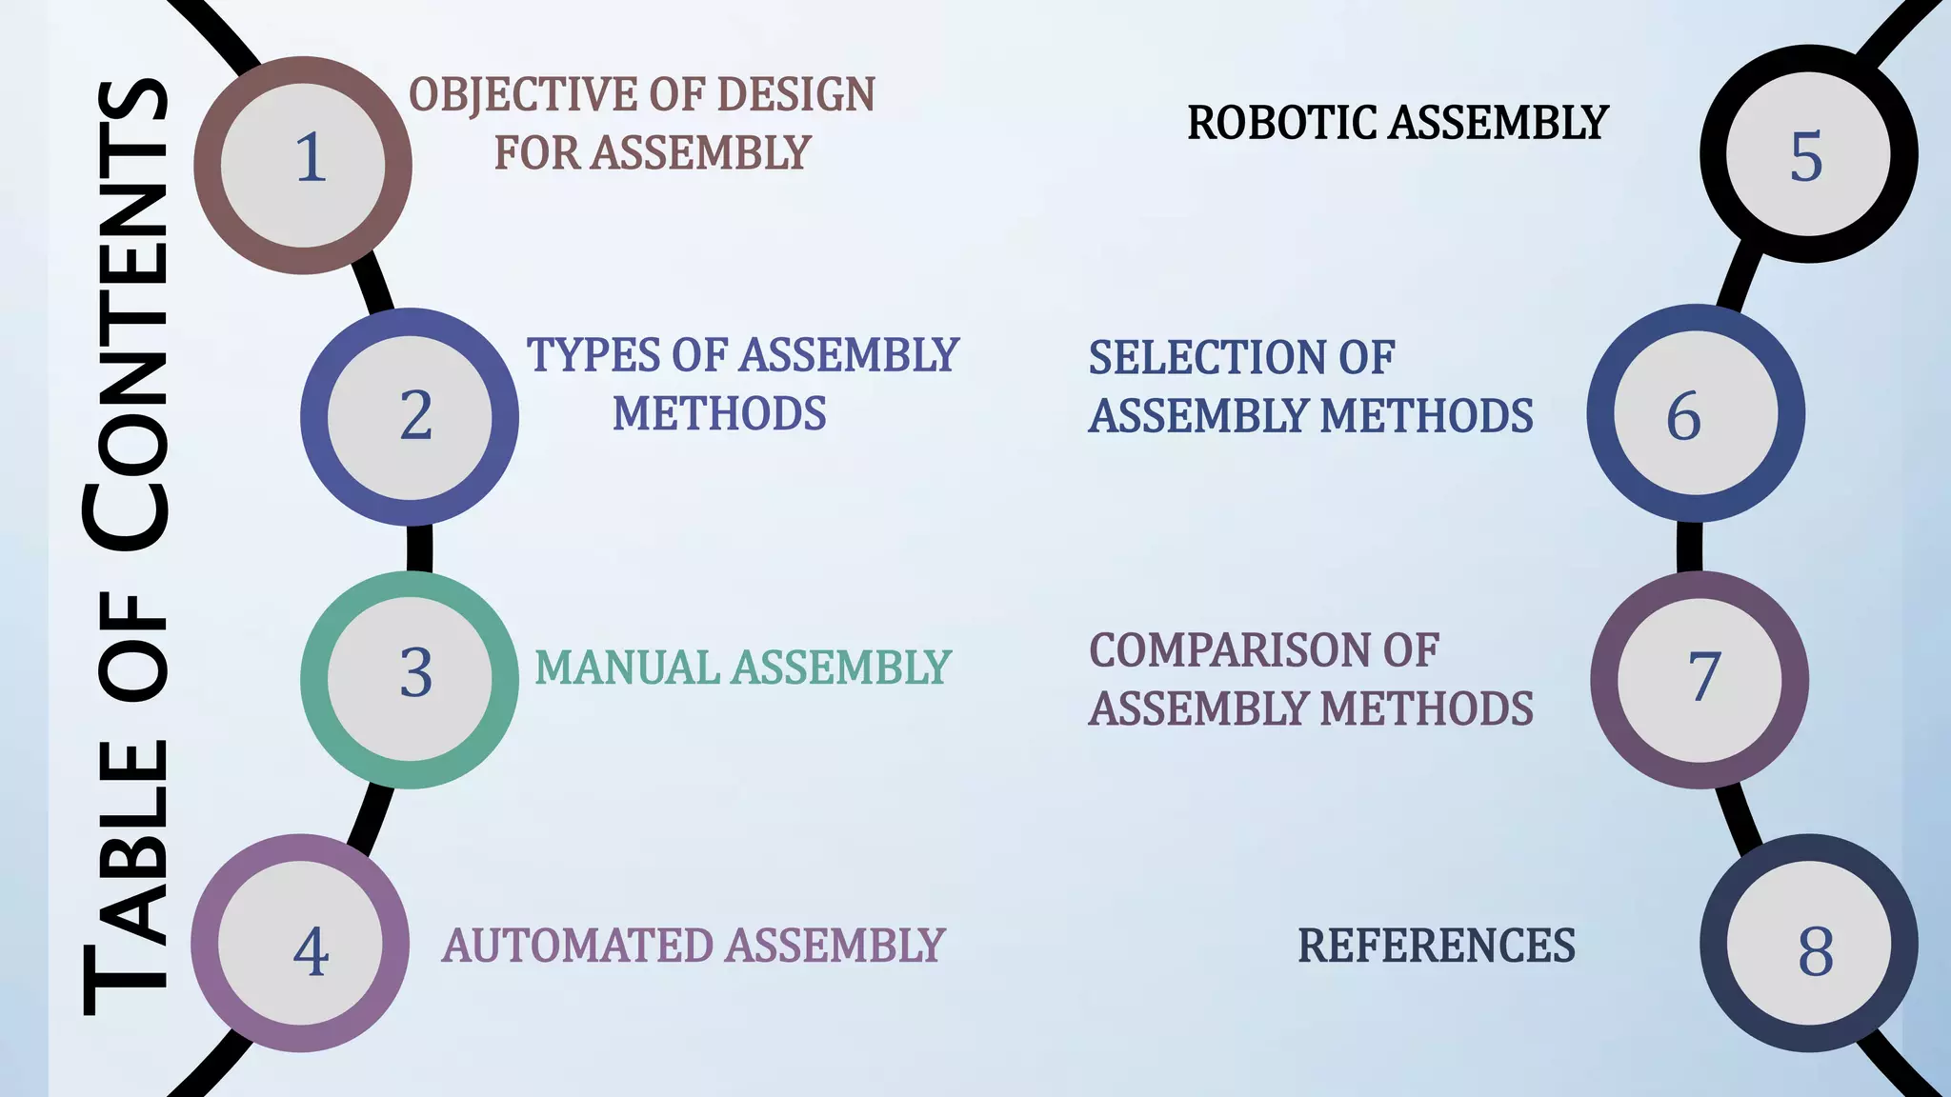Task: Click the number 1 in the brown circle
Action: [x=310, y=158]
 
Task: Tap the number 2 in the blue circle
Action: [x=415, y=416]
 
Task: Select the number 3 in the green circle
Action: [x=415, y=673]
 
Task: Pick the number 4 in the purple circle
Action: [x=311, y=951]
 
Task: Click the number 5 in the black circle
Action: [x=1806, y=157]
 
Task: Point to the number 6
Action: [x=1683, y=416]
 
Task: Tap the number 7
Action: [x=1703, y=677]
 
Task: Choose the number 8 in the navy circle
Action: [x=1816, y=951]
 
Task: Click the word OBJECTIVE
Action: [x=523, y=96]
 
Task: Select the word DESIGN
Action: [x=795, y=95]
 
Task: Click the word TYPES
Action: [x=593, y=355]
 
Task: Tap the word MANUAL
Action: [x=627, y=668]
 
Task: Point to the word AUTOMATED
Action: [x=577, y=947]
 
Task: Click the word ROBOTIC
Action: [x=1281, y=124]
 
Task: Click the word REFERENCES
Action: [x=1436, y=947]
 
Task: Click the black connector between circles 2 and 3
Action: [x=419, y=548]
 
